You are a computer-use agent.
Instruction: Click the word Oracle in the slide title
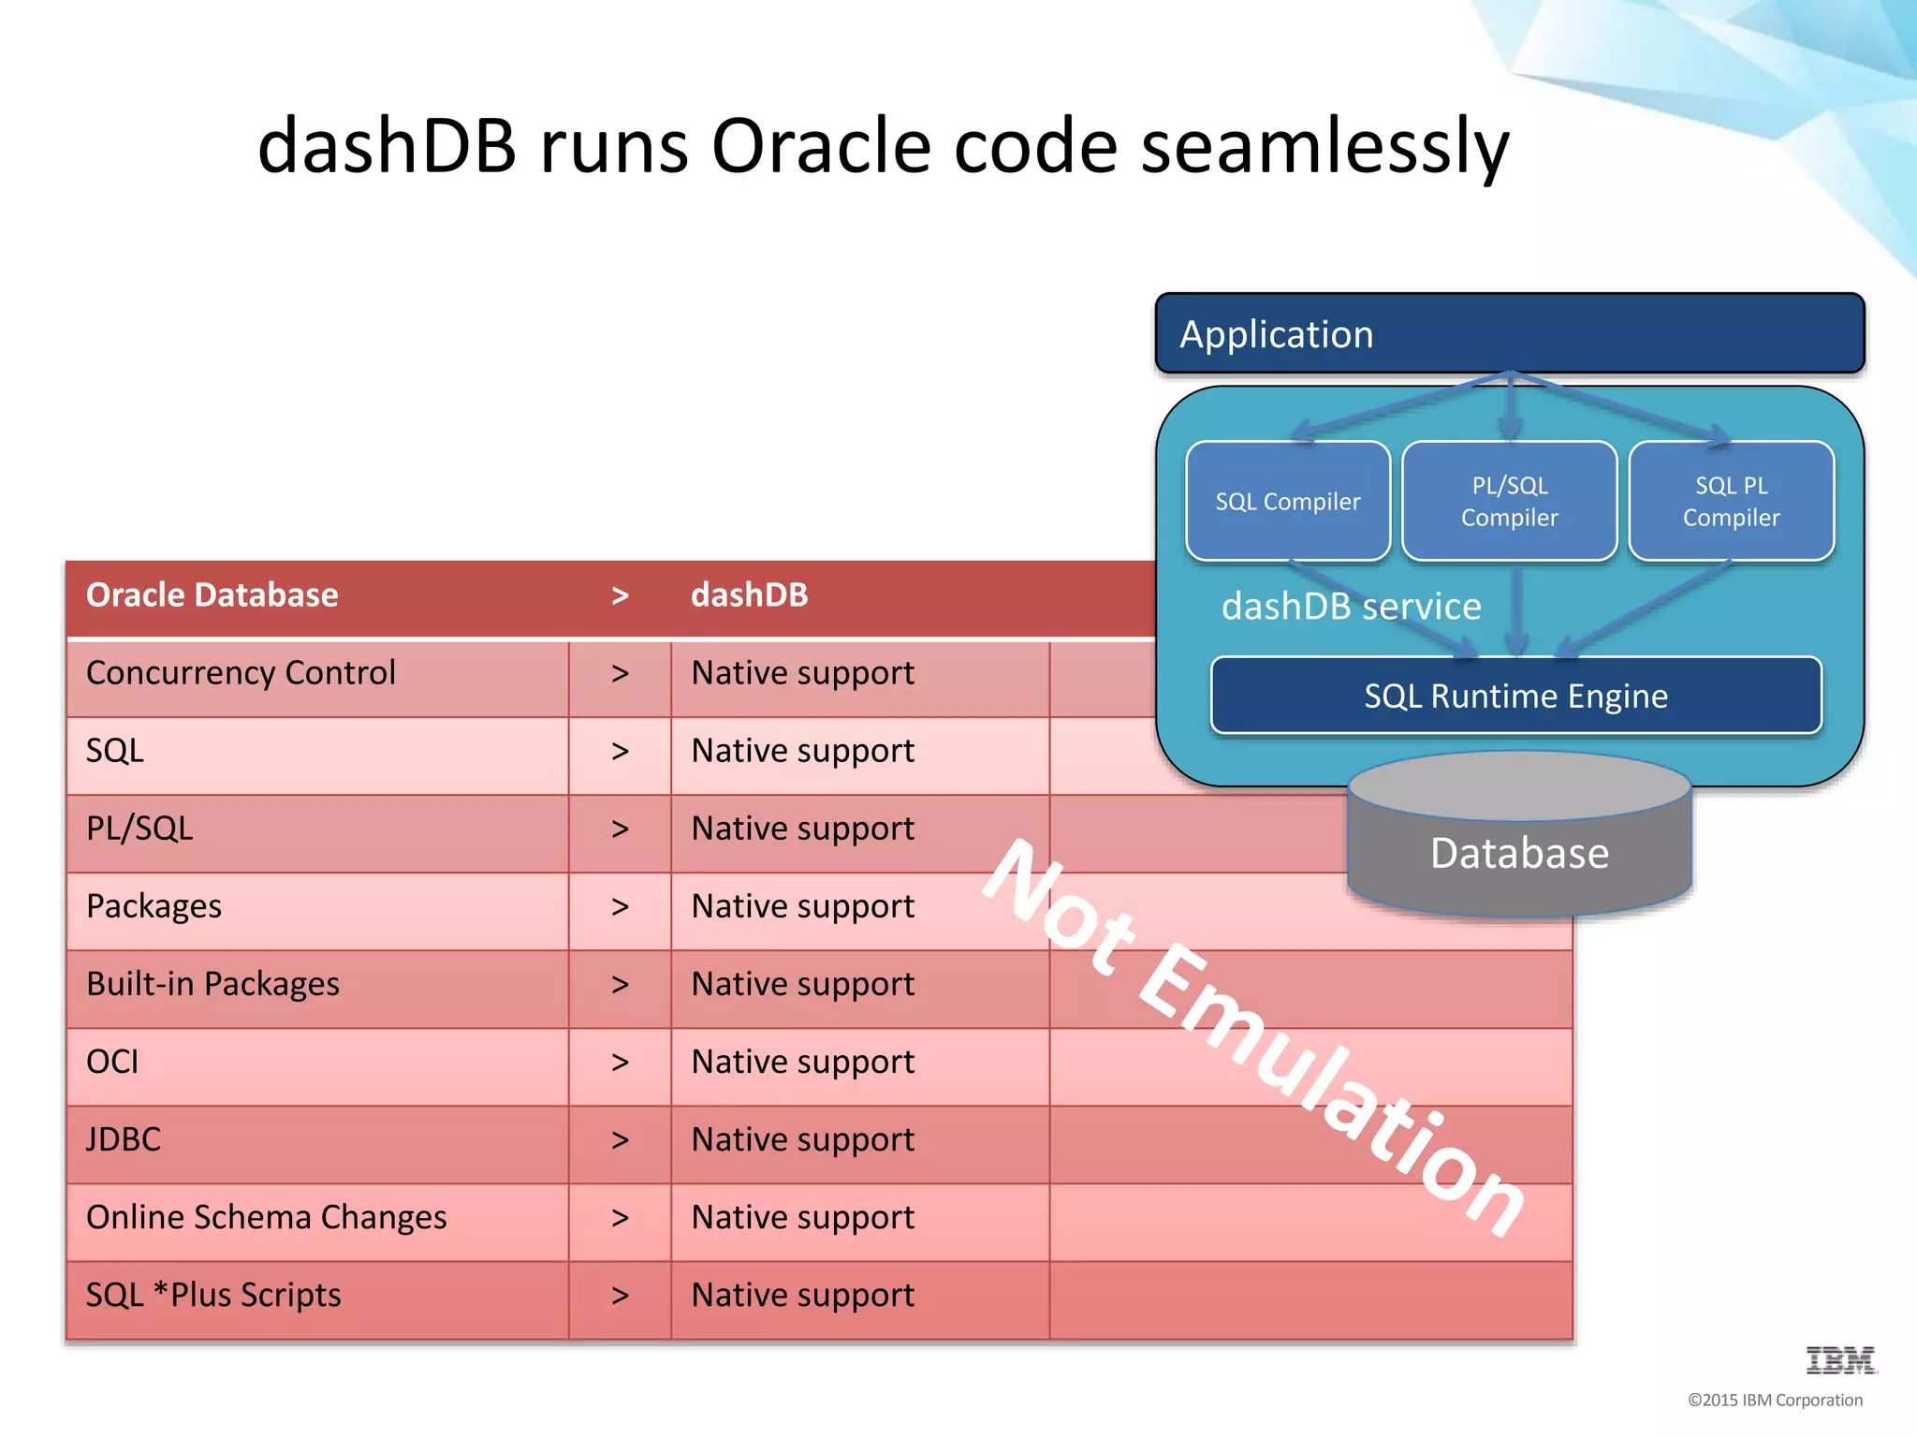tap(820, 147)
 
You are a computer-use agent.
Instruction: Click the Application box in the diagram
tap(1509, 334)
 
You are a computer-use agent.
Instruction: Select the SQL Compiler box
tap(1287, 502)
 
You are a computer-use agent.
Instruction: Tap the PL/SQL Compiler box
tap(1509, 502)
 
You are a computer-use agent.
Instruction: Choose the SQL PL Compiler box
tap(1731, 502)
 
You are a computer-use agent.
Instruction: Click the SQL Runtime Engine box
tap(1515, 697)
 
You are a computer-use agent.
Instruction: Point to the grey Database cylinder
tap(1519, 853)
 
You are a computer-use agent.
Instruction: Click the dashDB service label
tap(1351, 607)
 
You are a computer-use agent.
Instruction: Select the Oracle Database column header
tap(212, 595)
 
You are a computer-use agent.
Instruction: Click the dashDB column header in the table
tap(749, 595)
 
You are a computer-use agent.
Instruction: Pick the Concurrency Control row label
tap(241, 673)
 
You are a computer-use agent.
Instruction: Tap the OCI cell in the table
tap(112, 1062)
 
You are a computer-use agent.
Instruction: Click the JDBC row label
tap(124, 1139)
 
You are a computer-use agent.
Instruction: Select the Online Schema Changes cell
tap(266, 1217)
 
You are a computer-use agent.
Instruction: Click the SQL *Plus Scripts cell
tap(213, 1295)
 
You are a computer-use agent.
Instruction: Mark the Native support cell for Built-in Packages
tap(802, 984)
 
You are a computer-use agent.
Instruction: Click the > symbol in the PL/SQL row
tap(620, 829)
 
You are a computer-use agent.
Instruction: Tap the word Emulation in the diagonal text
tap(1329, 1086)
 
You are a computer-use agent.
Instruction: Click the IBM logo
tap(1839, 1359)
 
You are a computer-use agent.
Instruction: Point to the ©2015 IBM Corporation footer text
tap(1774, 1401)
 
